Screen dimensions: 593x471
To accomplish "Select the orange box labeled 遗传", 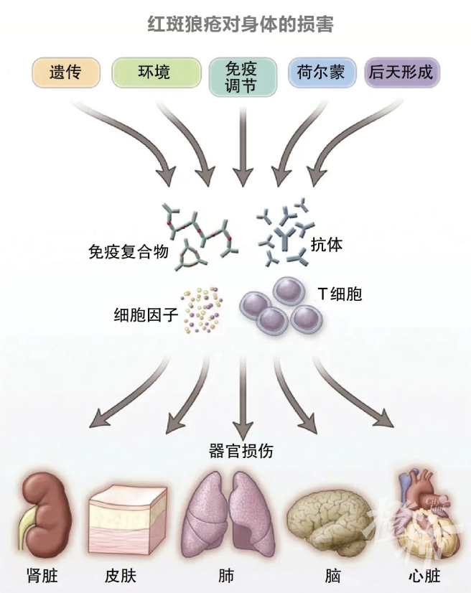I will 65,72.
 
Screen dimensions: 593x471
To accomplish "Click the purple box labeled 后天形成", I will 401,72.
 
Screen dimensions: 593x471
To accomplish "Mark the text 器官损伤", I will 241,451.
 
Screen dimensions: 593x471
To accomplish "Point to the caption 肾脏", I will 41,576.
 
